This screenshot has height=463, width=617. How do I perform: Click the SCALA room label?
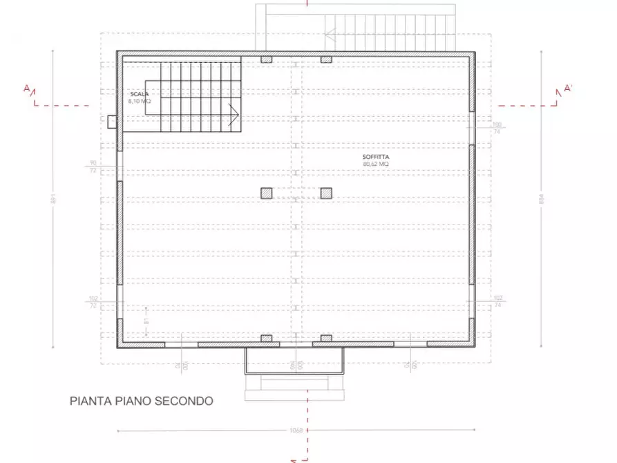click(x=138, y=93)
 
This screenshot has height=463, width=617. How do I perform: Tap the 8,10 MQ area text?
click(x=139, y=101)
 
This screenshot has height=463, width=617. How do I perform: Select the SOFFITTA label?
click(x=376, y=157)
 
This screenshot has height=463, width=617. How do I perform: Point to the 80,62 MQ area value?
click(x=376, y=164)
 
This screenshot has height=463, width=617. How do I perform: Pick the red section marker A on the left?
click(x=27, y=88)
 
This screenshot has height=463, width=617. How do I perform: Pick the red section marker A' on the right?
click(x=568, y=88)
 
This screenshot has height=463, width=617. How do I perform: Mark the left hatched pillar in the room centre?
click(x=266, y=193)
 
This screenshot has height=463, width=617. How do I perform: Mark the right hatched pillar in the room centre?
click(x=326, y=193)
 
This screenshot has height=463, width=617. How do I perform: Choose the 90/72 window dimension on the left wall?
click(x=93, y=167)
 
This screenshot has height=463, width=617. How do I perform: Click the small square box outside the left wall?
click(x=112, y=122)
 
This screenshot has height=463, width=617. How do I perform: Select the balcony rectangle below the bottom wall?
click(x=295, y=360)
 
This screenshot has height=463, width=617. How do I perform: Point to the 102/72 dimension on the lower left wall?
click(x=93, y=301)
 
